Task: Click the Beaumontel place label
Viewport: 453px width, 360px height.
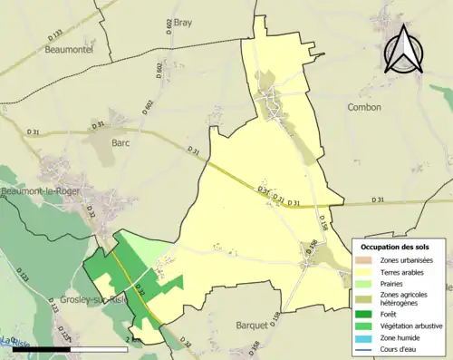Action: click(65, 50)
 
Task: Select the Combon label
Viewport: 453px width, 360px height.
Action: click(364, 107)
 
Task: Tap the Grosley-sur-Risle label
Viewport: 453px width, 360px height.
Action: click(80, 299)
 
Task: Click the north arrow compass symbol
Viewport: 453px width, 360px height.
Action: click(403, 50)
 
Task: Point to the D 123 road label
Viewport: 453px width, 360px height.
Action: click(24, 277)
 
